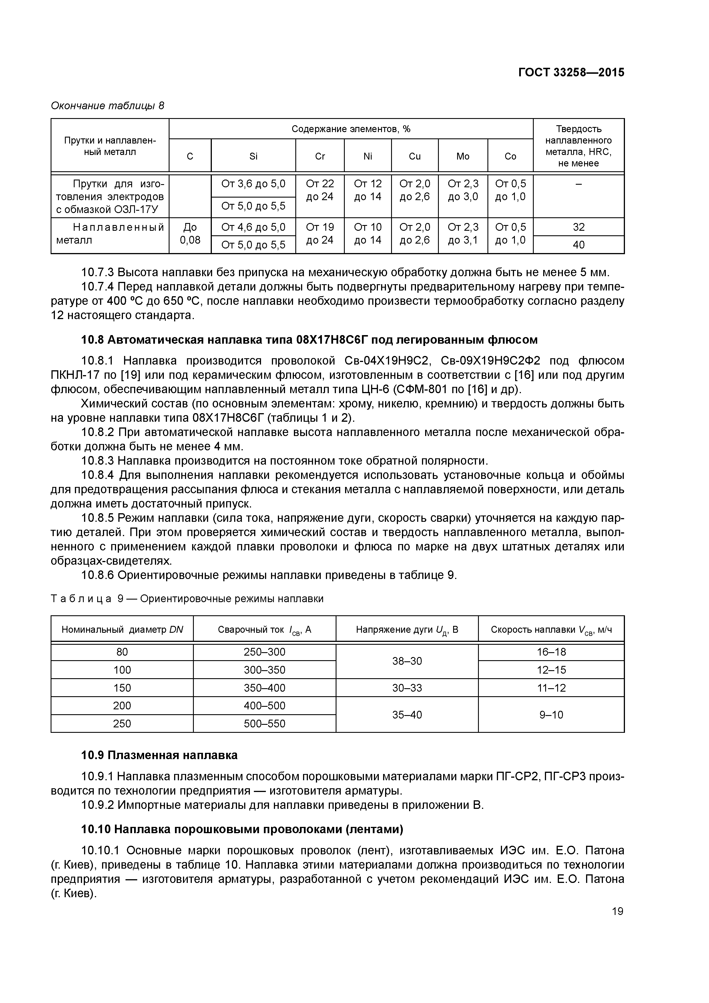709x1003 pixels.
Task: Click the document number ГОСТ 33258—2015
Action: point(571,73)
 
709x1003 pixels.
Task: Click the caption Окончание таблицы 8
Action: point(107,106)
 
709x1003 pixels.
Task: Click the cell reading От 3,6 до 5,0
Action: point(253,184)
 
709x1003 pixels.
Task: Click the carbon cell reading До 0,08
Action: point(190,234)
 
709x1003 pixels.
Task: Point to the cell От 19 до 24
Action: point(320,234)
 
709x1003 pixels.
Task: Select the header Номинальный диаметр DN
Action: point(122,630)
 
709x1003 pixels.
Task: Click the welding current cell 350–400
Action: point(264,688)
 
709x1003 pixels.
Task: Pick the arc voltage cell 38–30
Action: point(407,661)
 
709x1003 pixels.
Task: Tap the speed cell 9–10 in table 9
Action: point(551,715)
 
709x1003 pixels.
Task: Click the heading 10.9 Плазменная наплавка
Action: point(160,755)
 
